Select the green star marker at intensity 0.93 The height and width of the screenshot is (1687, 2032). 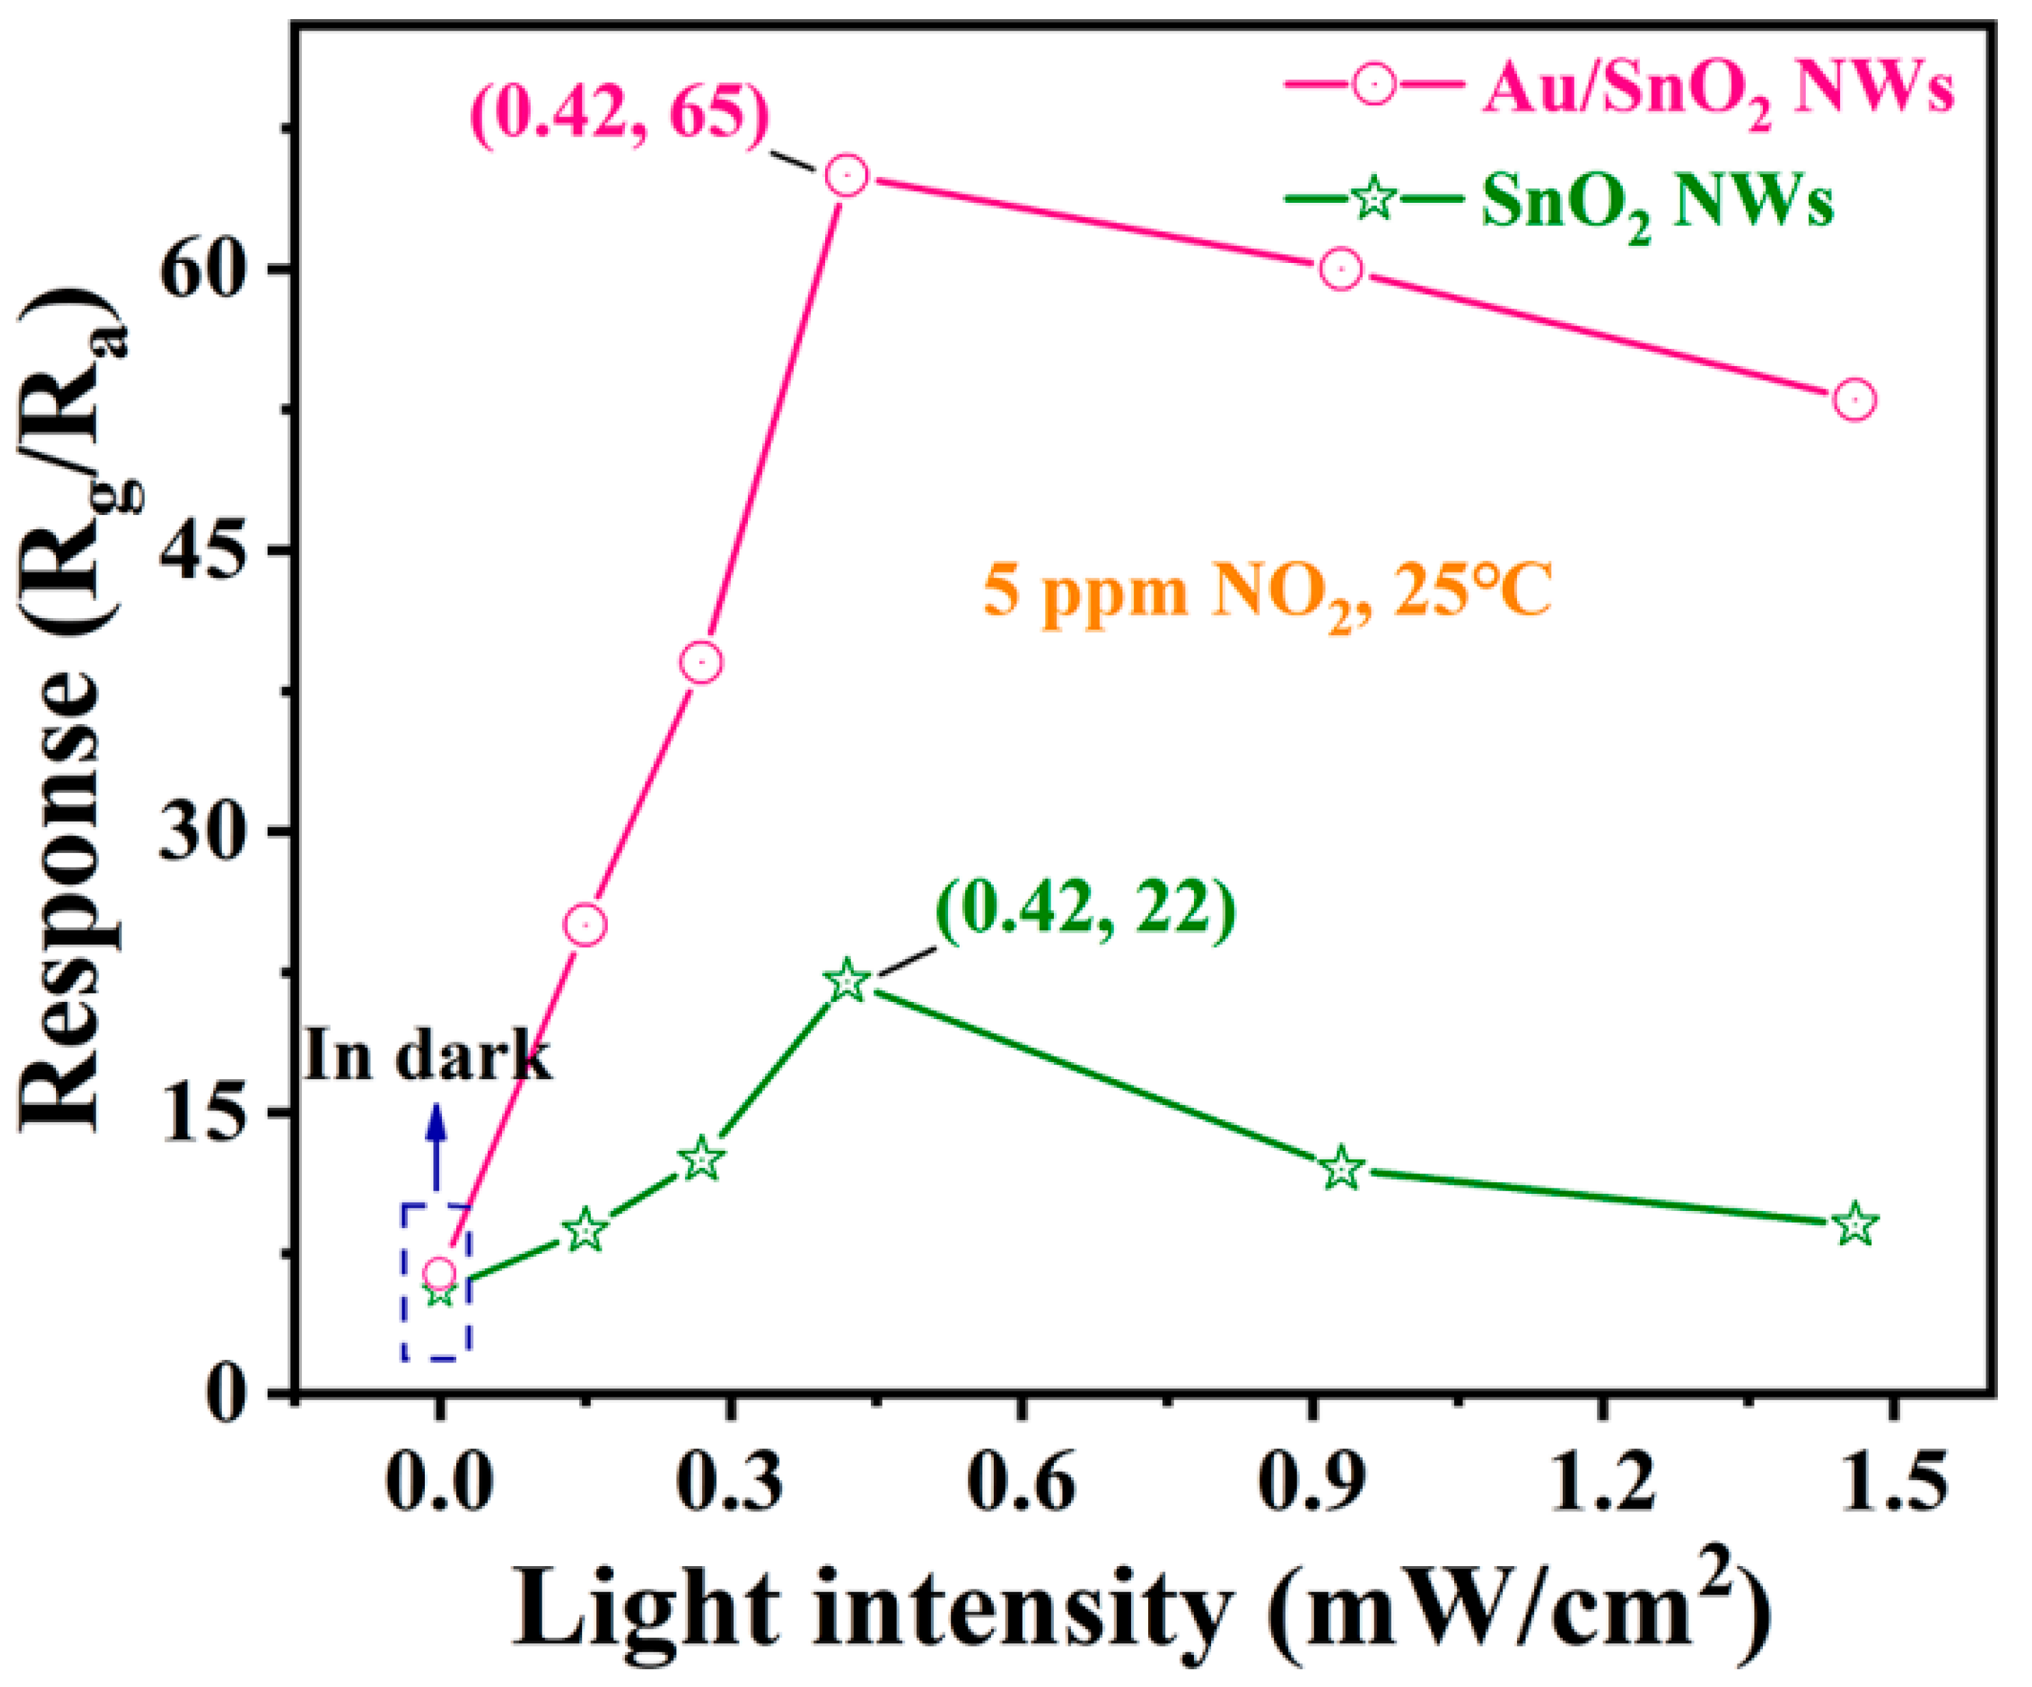tap(1342, 1169)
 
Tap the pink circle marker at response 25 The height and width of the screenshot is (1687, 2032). tap(585, 925)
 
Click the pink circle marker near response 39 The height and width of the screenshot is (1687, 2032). tap(701, 663)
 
